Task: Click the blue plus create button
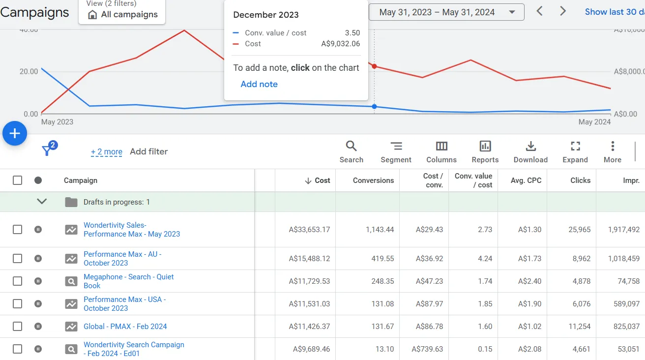pyautogui.click(x=15, y=133)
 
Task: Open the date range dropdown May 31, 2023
pyautogui.click(x=446, y=12)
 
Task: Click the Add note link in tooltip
pyautogui.click(x=259, y=84)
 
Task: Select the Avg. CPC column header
pyautogui.click(x=526, y=180)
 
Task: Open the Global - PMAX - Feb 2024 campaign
pyautogui.click(x=125, y=327)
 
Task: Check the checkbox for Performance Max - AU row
pyautogui.click(x=18, y=259)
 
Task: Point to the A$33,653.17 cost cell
pyautogui.click(x=309, y=230)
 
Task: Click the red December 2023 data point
pyautogui.click(x=374, y=66)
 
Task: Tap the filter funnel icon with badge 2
pyautogui.click(x=47, y=150)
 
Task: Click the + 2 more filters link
pyautogui.click(x=106, y=152)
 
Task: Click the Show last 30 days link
pyautogui.click(x=614, y=12)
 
